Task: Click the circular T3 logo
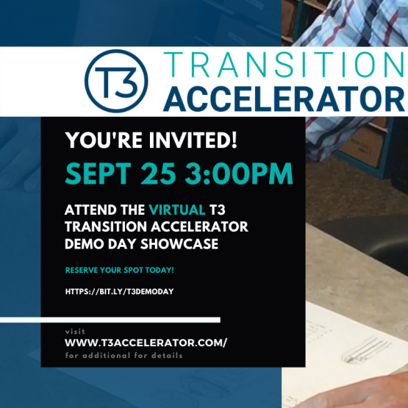(116, 81)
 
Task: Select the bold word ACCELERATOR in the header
(284, 99)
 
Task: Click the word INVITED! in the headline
(193, 140)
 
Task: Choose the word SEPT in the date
(98, 173)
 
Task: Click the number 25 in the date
(158, 173)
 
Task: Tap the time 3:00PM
(239, 173)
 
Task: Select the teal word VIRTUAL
(177, 210)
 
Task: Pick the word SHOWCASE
(179, 244)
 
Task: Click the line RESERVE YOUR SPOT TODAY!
(119, 270)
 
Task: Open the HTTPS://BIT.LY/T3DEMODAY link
(119, 291)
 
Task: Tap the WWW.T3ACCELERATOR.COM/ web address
(146, 343)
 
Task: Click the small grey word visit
(75, 332)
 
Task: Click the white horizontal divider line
(110, 320)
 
